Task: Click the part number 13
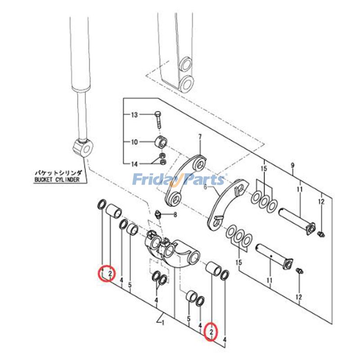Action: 134,115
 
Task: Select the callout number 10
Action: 134,143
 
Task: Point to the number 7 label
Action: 201,136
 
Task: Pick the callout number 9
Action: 292,166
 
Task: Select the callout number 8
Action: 175,215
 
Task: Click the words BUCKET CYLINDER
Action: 56,180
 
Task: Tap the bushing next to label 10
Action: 162,141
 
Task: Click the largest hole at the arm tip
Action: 188,83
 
